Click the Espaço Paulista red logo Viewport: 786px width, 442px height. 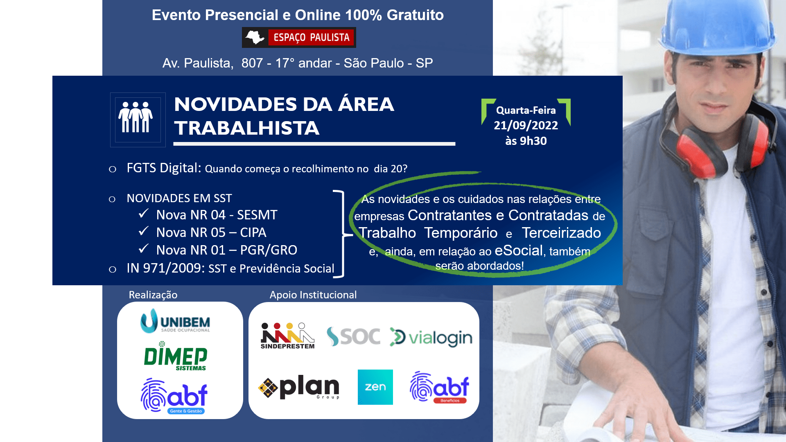pos(299,37)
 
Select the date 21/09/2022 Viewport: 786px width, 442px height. pos(526,125)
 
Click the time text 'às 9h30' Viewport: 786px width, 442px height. pos(526,141)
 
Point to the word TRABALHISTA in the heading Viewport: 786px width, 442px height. pos(247,128)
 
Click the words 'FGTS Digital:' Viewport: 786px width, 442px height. pos(164,168)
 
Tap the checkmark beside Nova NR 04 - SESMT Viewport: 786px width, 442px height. pos(143,213)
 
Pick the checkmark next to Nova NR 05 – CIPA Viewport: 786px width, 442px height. pos(143,231)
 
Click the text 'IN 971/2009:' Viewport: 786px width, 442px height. pos(165,268)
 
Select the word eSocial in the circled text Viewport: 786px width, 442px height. pos(519,250)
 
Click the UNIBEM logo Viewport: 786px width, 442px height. pos(175,320)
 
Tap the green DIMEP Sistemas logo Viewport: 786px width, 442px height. pos(176,356)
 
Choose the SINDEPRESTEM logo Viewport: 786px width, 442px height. pos(287,336)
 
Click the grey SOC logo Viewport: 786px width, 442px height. pos(353,336)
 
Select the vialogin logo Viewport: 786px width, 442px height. pos(431,337)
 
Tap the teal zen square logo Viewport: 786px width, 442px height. pos(375,387)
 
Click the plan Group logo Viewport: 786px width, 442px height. pos(299,387)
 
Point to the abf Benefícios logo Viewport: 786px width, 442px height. pos(439,387)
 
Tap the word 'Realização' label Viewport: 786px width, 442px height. pos(153,295)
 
